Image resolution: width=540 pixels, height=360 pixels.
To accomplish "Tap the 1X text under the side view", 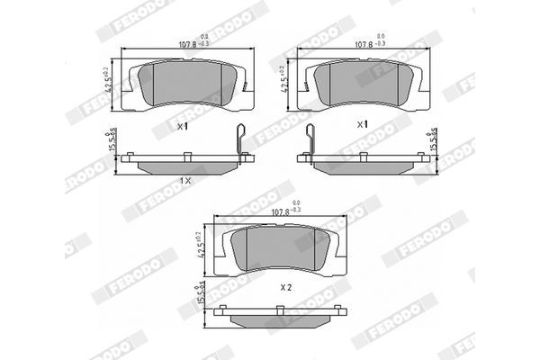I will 185,180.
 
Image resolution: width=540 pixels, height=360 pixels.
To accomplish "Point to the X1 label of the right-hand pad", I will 362,123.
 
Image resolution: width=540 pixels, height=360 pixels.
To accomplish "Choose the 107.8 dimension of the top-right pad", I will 364,42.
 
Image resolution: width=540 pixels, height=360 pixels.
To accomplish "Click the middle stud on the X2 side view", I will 282,308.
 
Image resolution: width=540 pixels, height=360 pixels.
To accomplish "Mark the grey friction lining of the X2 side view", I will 281,319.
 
